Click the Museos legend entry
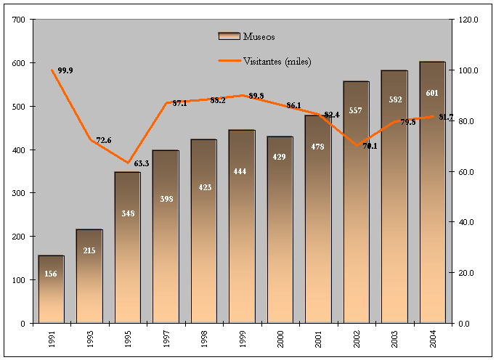[247, 36]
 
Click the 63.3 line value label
[142, 163]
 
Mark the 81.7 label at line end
[444, 117]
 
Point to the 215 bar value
[90, 251]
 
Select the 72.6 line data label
[104, 140]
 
